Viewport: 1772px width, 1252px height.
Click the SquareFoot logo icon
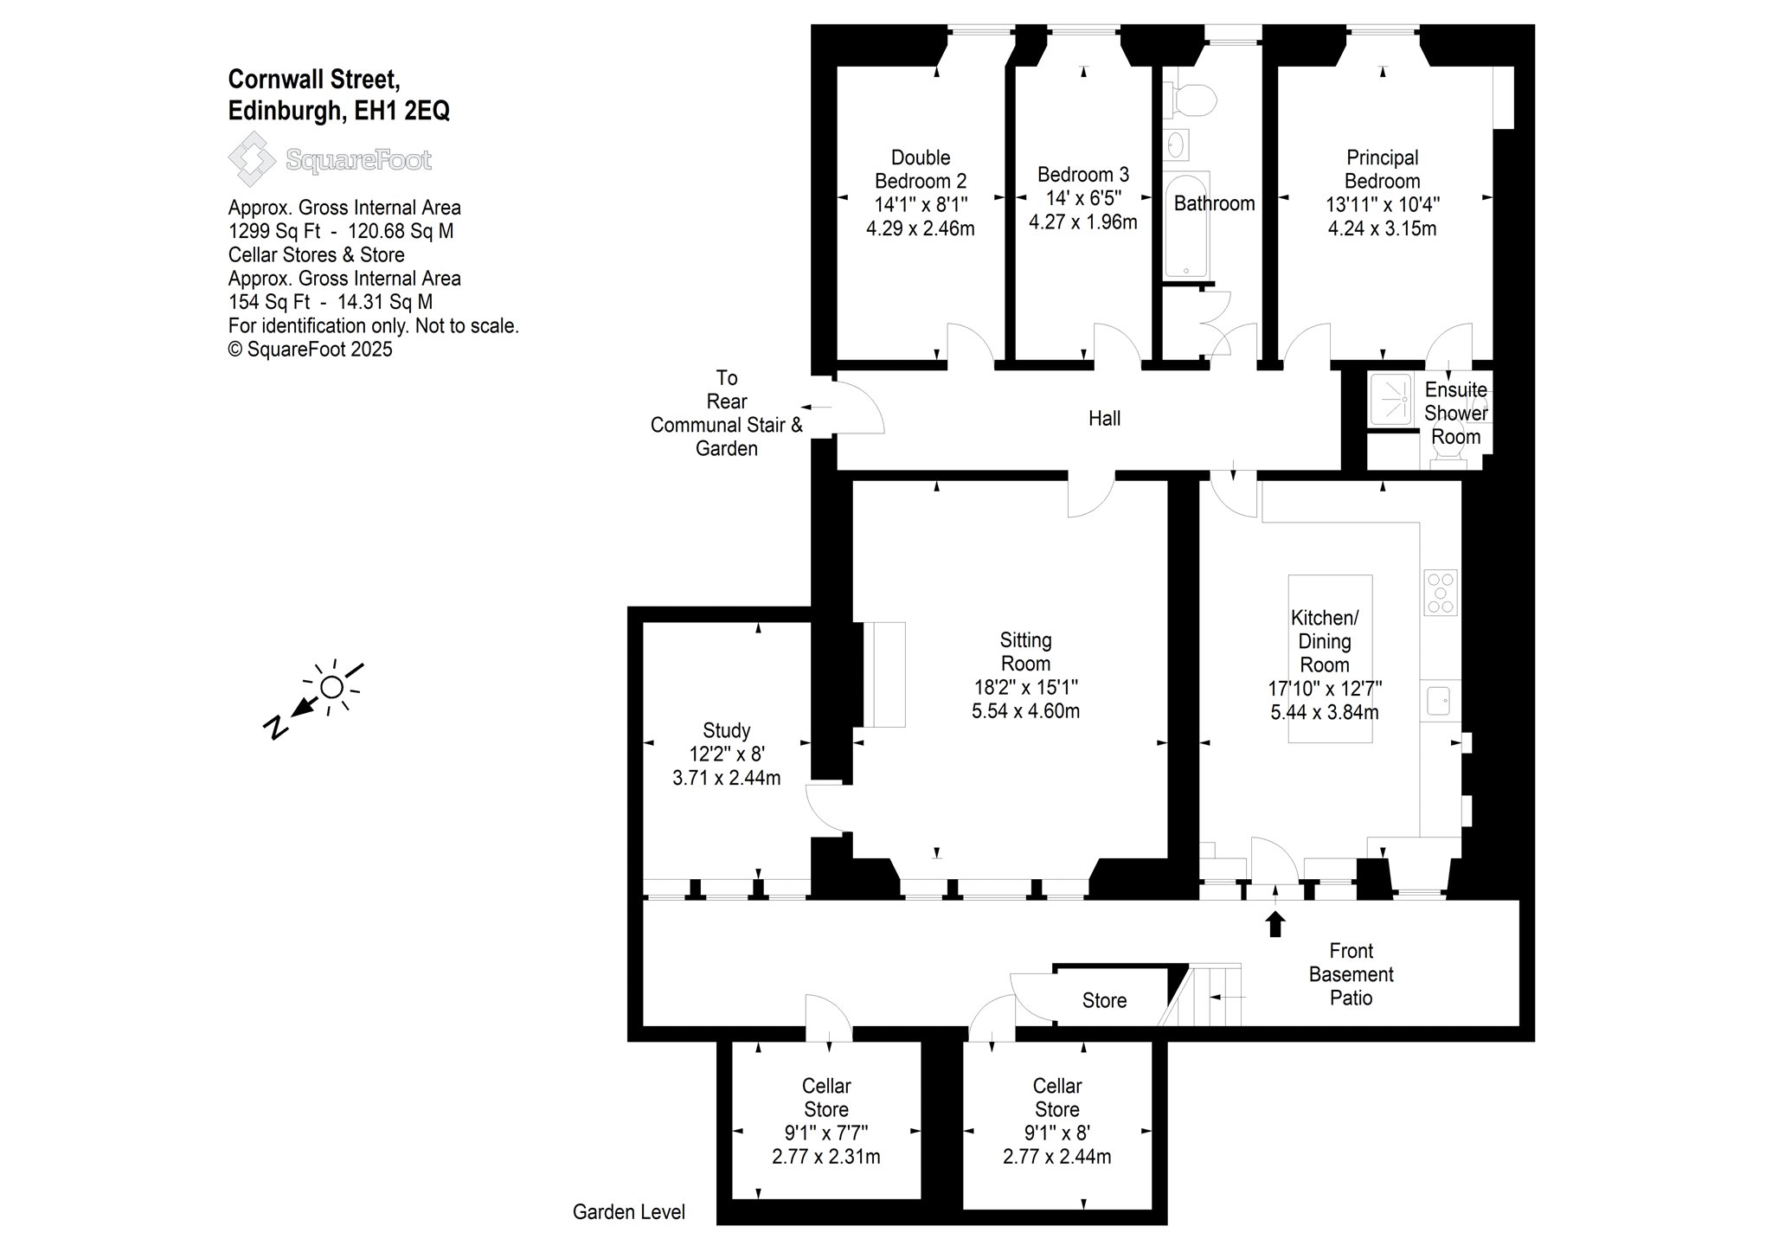[251, 159]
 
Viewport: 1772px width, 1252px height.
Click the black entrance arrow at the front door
[1274, 922]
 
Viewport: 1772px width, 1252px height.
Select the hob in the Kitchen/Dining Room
[1441, 593]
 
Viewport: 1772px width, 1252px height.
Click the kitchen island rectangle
[1330, 658]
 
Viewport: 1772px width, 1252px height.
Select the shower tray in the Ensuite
[1390, 399]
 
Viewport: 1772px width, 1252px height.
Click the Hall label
[1104, 419]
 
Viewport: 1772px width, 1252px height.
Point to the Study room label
[727, 731]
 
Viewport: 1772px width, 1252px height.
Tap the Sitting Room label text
[1025, 652]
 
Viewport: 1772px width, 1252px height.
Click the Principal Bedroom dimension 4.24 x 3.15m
[1382, 229]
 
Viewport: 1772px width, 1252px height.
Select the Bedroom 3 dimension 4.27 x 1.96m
[1082, 222]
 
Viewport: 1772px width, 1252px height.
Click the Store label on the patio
[1104, 1001]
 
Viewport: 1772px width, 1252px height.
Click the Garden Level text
[629, 1212]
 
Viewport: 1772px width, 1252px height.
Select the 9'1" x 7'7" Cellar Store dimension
[826, 1133]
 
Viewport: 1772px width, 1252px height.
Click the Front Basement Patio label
[1351, 974]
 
